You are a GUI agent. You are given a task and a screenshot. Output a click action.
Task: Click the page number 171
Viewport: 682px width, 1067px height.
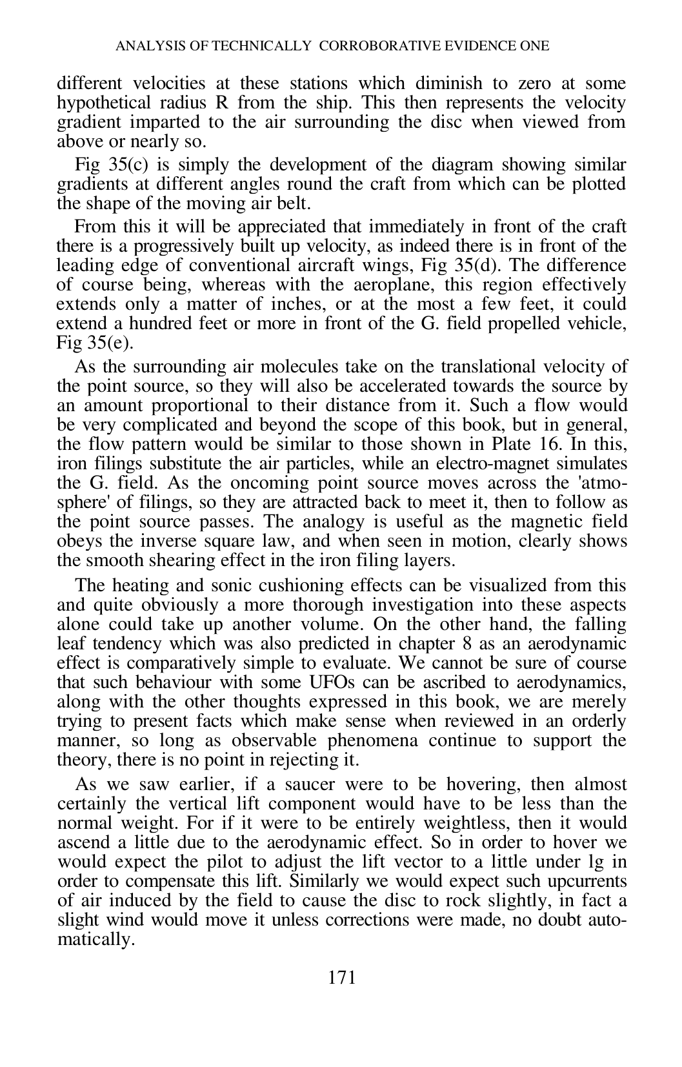(x=342, y=978)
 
